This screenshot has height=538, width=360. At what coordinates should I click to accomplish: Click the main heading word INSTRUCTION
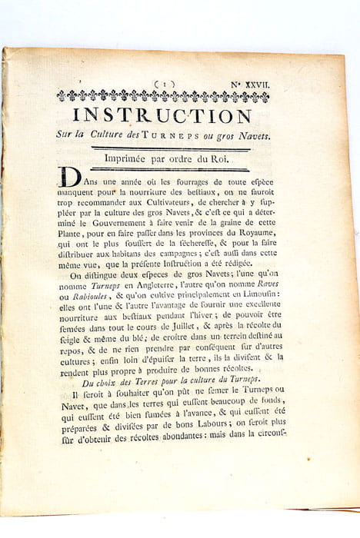(x=163, y=116)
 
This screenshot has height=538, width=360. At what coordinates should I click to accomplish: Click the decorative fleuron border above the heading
(x=163, y=97)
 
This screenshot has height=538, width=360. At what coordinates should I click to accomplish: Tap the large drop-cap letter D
(x=70, y=178)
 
